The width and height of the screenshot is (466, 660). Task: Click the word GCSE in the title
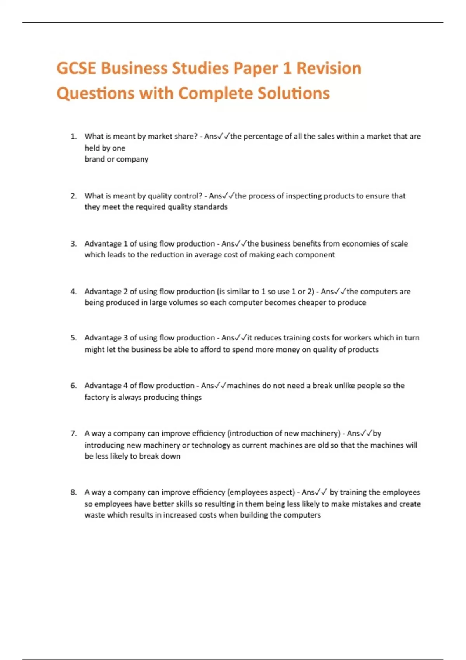click(76, 68)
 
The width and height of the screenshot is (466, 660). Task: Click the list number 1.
click(73, 136)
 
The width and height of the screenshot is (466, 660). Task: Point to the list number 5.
click(73, 338)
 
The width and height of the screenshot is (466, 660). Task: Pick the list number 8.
click(73, 492)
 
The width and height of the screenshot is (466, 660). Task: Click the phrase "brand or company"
click(116, 159)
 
